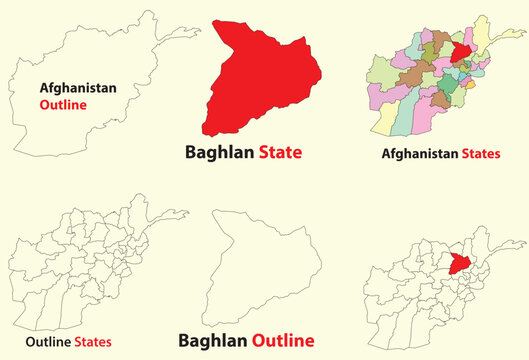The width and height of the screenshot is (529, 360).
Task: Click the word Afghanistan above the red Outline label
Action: [x=78, y=87]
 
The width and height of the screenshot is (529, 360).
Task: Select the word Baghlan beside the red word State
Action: [x=219, y=153]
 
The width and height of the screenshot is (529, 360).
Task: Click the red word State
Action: [x=280, y=153]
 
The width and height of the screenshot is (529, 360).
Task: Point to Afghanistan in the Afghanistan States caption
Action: [x=419, y=154]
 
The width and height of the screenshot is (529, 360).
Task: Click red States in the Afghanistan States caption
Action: [x=480, y=154]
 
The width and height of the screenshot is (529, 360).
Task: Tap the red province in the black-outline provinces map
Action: [x=461, y=264]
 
